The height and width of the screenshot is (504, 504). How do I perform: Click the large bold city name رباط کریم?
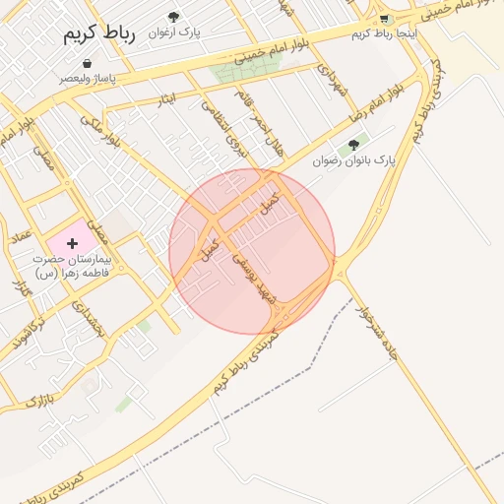[98, 31]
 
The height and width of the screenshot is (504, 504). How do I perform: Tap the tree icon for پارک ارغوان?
[174, 17]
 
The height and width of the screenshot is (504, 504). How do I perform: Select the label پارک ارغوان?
[174, 32]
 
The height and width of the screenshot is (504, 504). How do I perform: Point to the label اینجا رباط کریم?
[385, 34]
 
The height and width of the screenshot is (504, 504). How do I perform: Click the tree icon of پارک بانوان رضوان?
[353, 145]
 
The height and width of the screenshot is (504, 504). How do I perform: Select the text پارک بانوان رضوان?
[353, 159]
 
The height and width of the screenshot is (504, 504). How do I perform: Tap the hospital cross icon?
[72, 242]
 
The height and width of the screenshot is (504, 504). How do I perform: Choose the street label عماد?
[21, 235]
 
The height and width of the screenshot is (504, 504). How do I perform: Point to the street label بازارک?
[36, 400]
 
